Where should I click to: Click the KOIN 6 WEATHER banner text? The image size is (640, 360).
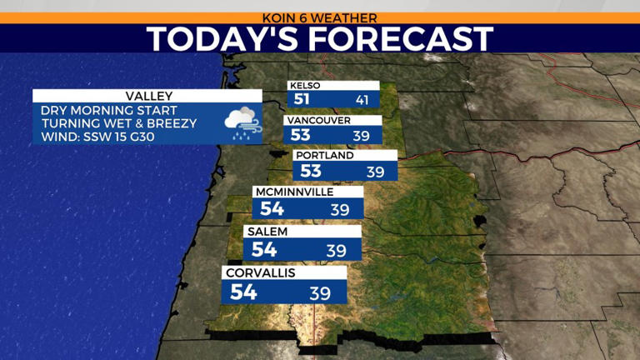coord(320,17)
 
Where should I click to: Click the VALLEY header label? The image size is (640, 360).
coord(147,96)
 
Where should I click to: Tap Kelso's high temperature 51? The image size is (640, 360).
coord(301,99)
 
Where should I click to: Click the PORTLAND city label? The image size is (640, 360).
coord(325,155)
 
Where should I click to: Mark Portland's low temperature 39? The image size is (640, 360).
coord(375,172)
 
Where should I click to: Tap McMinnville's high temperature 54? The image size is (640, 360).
coord(272,209)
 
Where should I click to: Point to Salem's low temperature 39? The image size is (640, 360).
coord(336,250)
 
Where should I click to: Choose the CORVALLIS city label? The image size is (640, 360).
coord(261,272)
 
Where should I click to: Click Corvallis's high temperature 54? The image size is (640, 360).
coord(243,292)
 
